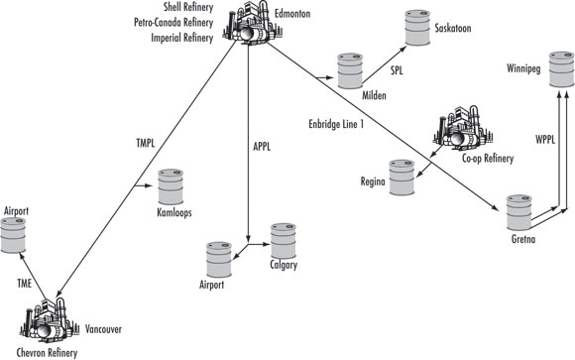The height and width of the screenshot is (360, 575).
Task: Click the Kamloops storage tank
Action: tap(172, 187)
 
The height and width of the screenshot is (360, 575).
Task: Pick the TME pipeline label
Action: tap(27, 283)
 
